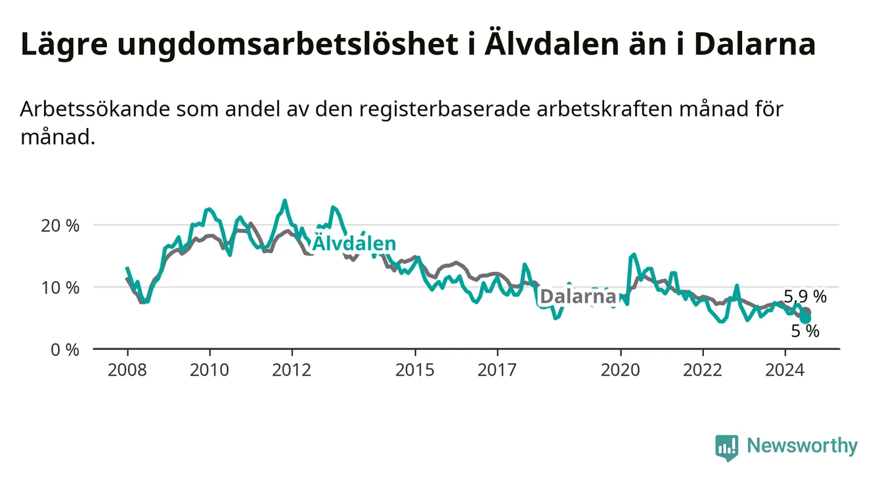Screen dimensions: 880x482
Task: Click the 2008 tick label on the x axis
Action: pyautogui.click(x=127, y=370)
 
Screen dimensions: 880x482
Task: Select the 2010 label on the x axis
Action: pyautogui.click(x=209, y=370)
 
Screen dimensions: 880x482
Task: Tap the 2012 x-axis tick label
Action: pyautogui.click(x=292, y=370)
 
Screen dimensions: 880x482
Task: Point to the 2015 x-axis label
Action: pyautogui.click(x=415, y=370)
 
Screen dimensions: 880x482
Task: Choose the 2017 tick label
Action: pyautogui.click(x=497, y=370)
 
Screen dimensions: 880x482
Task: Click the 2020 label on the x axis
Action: pyautogui.click(x=621, y=370)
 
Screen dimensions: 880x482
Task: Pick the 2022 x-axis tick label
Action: pyautogui.click(x=703, y=370)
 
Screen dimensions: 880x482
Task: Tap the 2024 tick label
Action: pyautogui.click(x=785, y=370)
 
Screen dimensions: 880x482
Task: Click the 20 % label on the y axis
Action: pyautogui.click(x=60, y=226)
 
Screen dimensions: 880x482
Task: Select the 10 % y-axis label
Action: pyautogui.click(x=60, y=288)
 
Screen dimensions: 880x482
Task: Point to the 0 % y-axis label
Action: pyautogui.click(x=65, y=349)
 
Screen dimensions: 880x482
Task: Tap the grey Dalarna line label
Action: pyautogui.click(x=578, y=297)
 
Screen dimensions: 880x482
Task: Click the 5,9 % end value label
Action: pyautogui.click(x=805, y=297)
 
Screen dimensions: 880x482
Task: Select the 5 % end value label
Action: pyautogui.click(x=805, y=331)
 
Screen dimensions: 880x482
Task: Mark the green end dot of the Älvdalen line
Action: pyautogui.click(x=805, y=318)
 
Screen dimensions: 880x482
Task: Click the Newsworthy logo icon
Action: pyautogui.click(x=727, y=448)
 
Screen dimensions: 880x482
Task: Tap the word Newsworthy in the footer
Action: pyautogui.click(x=803, y=446)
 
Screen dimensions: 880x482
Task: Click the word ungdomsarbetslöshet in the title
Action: pyautogui.click(x=287, y=45)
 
